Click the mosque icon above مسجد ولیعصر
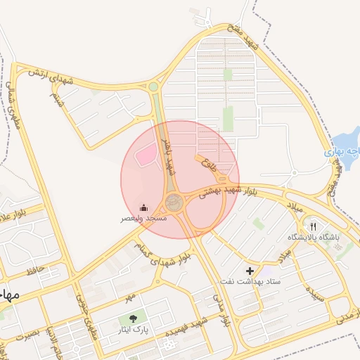coord(144,207)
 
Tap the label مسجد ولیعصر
coord(143,219)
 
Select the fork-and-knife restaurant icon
coord(314,227)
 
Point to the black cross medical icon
coord(250,271)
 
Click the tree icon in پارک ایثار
coord(132,318)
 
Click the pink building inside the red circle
coord(146,154)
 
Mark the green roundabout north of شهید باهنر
coord(153,87)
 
